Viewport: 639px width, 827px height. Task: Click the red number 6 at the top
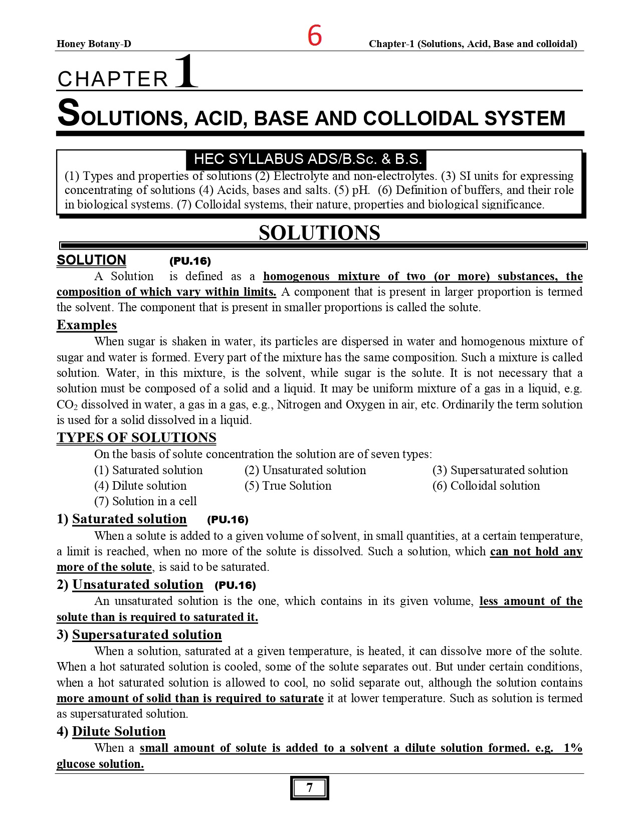click(x=314, y=36)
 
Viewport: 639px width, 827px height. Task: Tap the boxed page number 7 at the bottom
click(x=309, y=788)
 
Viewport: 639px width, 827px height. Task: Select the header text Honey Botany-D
click(x=94, y=44)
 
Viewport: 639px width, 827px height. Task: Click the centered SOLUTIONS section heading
click(x=319, y=233)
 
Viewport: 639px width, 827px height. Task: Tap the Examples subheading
click(x=87, y=325)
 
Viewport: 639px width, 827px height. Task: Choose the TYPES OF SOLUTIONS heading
click(x=136, y=438)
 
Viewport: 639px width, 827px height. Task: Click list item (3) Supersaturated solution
click(x=500, y=470)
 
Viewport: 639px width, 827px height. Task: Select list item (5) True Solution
click(x=288, y=486)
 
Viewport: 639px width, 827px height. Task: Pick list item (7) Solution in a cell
click(x=145, y=501)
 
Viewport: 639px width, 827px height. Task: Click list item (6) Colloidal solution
click(x=486, y=486)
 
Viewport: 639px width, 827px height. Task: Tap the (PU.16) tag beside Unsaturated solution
click(x=235, y=585)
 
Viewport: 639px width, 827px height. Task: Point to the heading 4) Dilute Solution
click(x=111, y=731)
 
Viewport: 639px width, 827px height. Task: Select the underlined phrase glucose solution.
click(x=100, y=764)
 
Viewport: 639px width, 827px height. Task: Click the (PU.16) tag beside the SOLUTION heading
click(x=190, y=261)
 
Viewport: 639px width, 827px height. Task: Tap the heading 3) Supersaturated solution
click(x=139, y=635)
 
